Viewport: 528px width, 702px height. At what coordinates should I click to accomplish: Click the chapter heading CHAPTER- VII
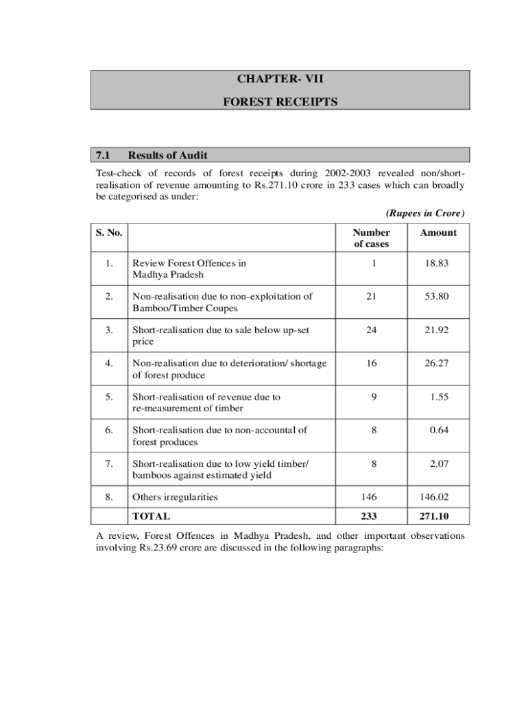(x=280, y=79)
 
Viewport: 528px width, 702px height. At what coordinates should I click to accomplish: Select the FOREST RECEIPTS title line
(x=280, y=101)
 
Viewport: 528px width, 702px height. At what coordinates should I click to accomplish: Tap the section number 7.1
(x=104, y=155)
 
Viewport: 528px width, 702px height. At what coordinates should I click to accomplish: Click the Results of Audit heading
(x=167, y=155)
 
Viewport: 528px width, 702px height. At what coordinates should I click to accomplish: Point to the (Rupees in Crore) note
(x=424, y=213)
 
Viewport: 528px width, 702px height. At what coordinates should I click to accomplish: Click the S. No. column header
(x=110, y=232)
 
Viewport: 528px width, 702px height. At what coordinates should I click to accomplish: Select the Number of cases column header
(x=371, y=238)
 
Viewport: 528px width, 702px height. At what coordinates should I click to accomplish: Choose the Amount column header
(x=438, y=232)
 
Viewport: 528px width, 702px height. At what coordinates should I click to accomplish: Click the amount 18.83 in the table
(x=437, y=263)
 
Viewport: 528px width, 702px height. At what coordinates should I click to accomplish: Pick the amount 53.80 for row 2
(x=437, y=296)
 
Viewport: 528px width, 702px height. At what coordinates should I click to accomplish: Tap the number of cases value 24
(x=371, y=330)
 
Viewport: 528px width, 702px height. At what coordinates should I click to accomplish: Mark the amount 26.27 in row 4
(x=437, y=363)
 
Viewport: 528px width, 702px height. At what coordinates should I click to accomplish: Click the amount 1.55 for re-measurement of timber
(x=440, y=397)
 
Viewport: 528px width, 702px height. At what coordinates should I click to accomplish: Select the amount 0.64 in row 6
(x=440, y=431)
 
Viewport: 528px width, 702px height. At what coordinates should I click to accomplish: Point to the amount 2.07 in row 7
(x=440, y=464)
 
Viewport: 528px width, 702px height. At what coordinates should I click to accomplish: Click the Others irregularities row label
(x=174, y=497)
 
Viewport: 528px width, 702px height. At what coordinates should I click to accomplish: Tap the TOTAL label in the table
(x=152, y=516)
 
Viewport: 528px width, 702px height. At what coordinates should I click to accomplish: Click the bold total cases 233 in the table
(x=371, y=516)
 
